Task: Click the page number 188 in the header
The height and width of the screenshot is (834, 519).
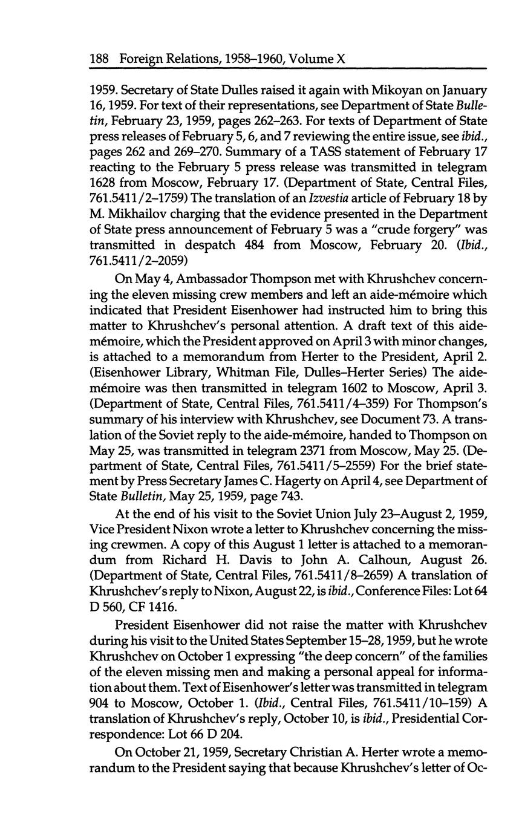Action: pos(99,59)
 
